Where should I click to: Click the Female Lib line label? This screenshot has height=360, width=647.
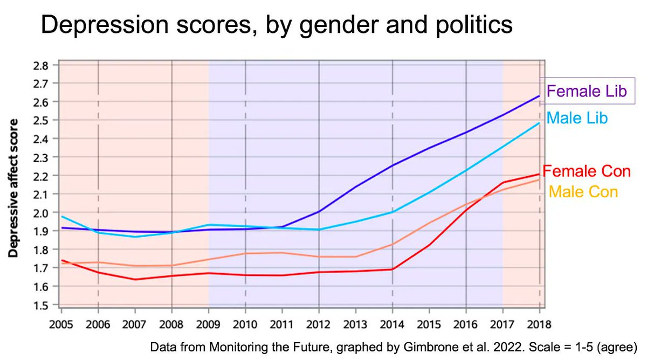click(586, 91)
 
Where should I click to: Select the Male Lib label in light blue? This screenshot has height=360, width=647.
click(577, 118)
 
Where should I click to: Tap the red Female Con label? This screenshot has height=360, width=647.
click(587, 171)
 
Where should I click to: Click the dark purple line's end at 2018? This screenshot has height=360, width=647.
click(540, 96)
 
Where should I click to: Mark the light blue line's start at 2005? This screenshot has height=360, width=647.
click(61, 217)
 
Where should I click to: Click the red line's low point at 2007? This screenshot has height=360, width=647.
click(135, 279)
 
